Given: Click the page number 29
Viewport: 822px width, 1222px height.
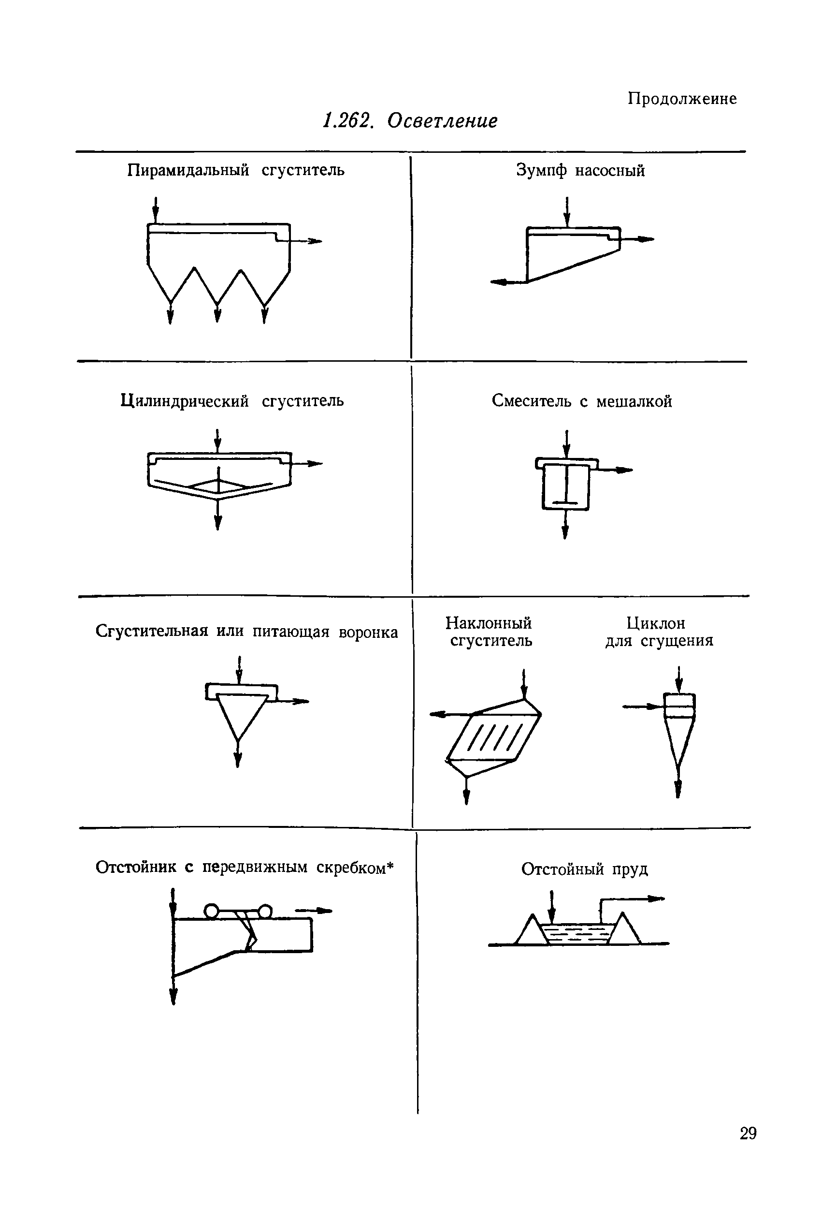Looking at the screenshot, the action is pyautogui.click(x=748, y=1134).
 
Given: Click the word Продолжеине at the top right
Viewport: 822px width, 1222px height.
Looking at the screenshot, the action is pyautogui.click(x=682, y=99).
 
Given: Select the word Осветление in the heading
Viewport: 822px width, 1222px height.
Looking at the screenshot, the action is pyautogui.click(x=443, y=121).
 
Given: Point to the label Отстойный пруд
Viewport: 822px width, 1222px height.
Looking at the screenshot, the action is pyautogui.click(x=585, y=869).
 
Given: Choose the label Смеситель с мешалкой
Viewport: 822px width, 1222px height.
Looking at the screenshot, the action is pyautogui.click(x=581, y=401).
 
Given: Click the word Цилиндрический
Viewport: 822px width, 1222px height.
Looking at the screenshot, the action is pyautogui.click(x=185, y=401).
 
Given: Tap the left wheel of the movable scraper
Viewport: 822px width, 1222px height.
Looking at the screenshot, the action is pyautogui.click(x=211, y=911).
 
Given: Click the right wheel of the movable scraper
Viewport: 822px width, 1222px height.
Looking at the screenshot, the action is pyautogui.click(x=265, y=911).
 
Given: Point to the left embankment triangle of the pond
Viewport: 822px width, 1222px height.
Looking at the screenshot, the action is pyautogui.click(x=531, y=930).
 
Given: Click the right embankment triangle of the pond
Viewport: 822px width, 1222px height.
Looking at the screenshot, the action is pyautogui.click(x=625, y=930).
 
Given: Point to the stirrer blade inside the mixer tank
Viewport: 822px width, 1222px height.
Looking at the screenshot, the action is pyautogui.click(x=565, y=503).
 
